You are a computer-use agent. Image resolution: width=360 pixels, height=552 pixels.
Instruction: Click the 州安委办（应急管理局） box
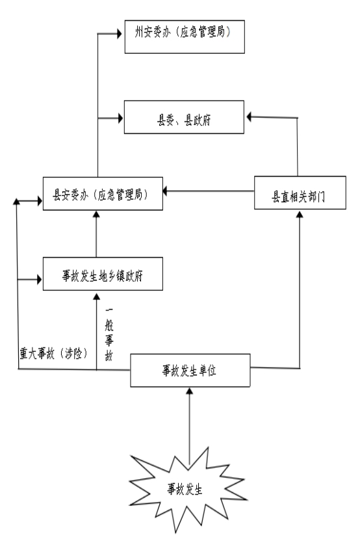(x=185, y=37)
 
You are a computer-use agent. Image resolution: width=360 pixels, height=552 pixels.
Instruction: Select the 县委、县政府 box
(x=184, y=118)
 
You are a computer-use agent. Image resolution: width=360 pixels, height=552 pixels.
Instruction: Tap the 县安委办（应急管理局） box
(x=103, y=194)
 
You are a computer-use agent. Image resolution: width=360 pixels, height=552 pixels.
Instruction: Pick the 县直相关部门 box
(x=300, y=193)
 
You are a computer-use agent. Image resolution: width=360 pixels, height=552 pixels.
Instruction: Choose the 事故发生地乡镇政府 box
(x=103, y=274)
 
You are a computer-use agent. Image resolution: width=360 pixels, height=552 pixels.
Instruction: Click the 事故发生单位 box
(x=190, y=370)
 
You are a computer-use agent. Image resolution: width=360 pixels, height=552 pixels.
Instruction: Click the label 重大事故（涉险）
(x=53, y=353)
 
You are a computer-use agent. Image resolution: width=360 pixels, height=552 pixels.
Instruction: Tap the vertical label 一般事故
(x=109, y=334)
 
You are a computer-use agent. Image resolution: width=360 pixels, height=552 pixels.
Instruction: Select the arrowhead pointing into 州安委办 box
(x=120, y=34)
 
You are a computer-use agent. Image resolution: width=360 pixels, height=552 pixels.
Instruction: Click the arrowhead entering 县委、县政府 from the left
(x=120, y=118)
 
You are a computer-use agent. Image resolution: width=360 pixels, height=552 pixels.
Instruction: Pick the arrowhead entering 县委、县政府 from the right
(x=249, y=117)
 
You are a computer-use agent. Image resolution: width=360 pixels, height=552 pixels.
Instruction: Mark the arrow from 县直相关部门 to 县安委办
(x=208, y=191)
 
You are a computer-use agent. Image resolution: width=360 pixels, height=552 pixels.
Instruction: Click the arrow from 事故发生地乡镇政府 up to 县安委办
(x=96, y=234)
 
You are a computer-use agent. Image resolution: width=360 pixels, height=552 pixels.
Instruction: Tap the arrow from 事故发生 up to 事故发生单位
(x=190, y=426)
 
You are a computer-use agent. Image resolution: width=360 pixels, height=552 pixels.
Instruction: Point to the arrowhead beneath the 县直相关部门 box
(x=300, y=214)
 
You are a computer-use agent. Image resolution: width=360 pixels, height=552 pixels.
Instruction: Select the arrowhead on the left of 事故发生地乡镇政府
(x=39, y=279)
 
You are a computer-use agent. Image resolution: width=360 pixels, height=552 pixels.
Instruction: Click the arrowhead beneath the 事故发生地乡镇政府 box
(x=97, y=296)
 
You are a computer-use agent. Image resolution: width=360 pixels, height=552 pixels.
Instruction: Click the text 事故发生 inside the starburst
(x=185, y=489)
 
